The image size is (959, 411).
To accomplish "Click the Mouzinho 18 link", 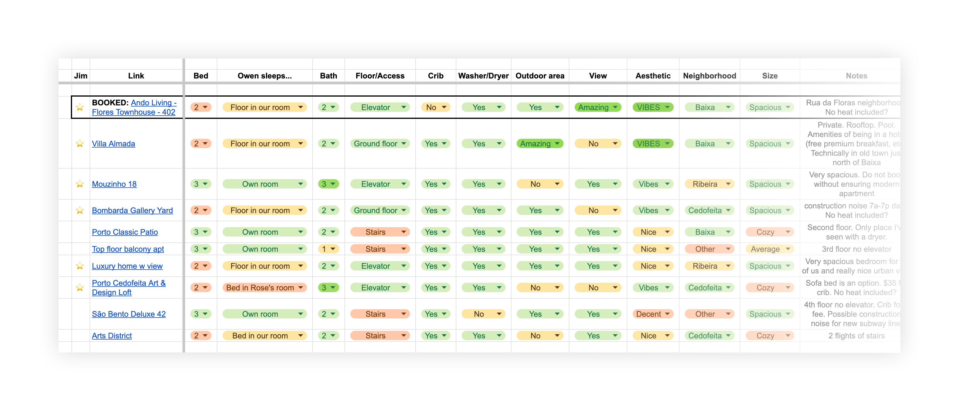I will (x=114, y=184).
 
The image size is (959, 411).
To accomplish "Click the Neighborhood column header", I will (x=709, y=76).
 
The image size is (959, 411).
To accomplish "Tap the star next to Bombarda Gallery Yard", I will (x=80, y=210).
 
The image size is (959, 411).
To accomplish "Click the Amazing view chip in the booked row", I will (x=597, y=107).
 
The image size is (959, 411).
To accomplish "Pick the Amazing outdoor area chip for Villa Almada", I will (x=540, y=143).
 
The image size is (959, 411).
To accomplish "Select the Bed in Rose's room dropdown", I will (x=264, y=287).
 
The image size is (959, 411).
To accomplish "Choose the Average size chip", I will (x=769, y=249).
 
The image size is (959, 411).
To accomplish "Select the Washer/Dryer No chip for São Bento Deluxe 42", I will (x=483, y=314).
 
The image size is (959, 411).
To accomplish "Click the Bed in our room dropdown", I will (x=264, y=336).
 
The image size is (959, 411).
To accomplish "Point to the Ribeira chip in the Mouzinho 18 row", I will (x=709, y=184).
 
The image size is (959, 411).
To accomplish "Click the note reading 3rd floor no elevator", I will (x=856, y=249).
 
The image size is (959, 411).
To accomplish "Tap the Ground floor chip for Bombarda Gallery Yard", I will (x=379, y=210).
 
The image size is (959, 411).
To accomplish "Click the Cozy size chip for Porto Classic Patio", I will (x=769, y=232).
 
